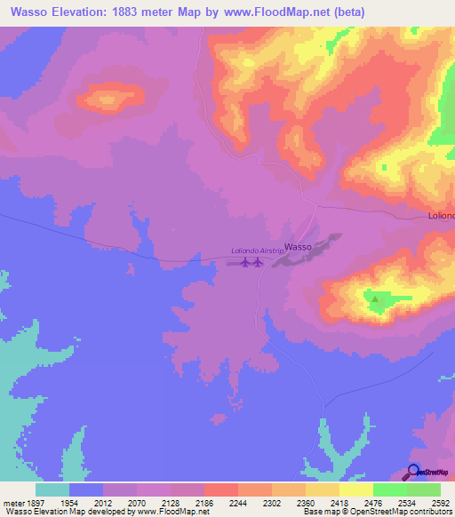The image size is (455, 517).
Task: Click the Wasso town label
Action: pos(297,248)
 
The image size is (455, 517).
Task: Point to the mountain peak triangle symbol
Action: pos(376,299)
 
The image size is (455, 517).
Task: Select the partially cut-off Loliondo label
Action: pos(437,216)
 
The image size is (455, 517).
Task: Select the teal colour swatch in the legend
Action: pos(52,489)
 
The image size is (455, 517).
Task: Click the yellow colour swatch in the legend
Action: pos(355,489)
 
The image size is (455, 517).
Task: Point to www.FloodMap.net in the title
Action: pos(267,12)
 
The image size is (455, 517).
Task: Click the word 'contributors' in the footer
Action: pos(430,512)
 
